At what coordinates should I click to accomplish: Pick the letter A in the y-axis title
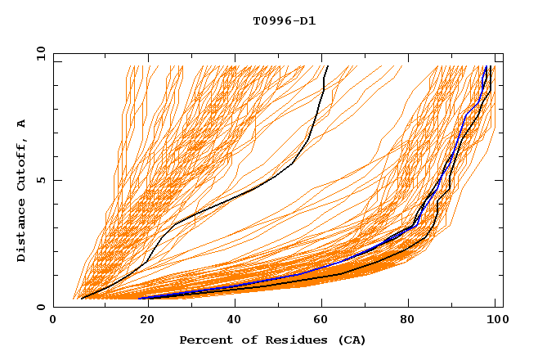pos(21,123)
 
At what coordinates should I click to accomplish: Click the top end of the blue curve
pos(486,66)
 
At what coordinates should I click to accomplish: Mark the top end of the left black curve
pos(327,66)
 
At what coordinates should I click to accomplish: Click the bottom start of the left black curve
pos(82,299)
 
